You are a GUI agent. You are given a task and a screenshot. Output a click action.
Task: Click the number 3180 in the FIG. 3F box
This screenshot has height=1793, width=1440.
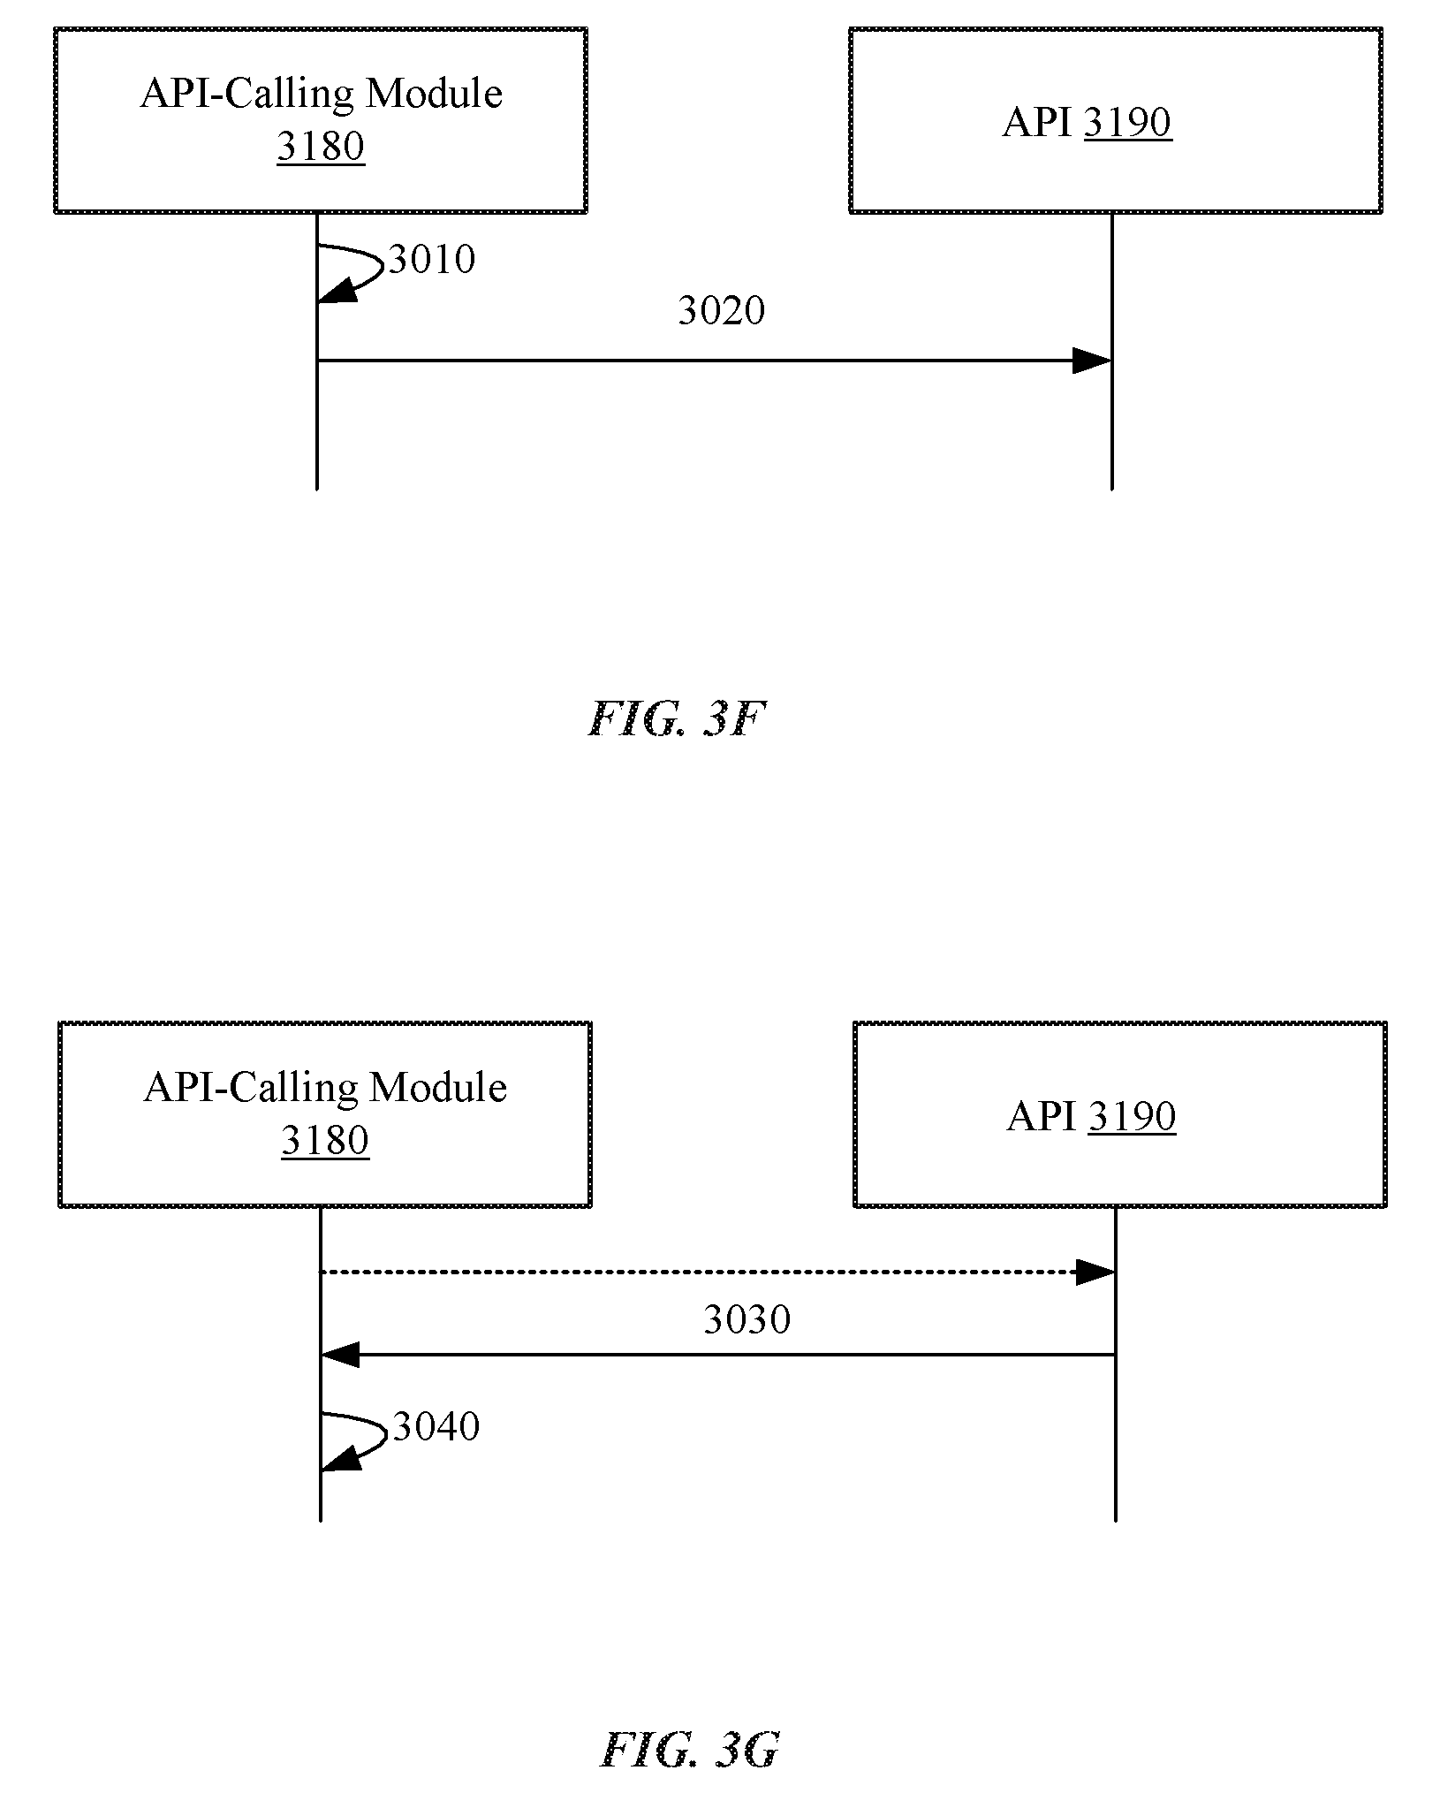tap(321, 147)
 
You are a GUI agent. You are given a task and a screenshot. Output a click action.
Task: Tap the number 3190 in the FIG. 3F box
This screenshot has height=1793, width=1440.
tap(1128, 122)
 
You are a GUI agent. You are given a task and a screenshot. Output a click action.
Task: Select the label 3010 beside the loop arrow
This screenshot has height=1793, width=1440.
tap(432, 259)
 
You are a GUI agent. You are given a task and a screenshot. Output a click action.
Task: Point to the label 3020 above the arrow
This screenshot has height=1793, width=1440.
tap(722, 310)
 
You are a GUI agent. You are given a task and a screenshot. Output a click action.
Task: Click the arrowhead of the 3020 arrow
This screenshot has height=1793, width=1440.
tap(1092, 361)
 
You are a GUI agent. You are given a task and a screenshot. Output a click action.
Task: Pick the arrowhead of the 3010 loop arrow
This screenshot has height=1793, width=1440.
tap(337, 291)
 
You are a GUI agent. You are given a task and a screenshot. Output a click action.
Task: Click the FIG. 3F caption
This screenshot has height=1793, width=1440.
tap(676, 719)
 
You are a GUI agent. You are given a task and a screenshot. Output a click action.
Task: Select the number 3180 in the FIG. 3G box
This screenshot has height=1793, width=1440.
tap(325, 1141)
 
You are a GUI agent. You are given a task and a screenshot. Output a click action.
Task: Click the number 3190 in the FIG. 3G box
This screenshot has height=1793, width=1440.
tap(1132, 1116)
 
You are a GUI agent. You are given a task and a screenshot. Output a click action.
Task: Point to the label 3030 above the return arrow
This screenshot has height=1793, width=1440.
tap(747, 1319)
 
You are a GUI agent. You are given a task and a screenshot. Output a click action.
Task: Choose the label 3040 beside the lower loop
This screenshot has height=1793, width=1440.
tap(436, 1426)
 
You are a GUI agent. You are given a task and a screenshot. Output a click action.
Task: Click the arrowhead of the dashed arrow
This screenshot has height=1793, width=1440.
tap(1095, 1273)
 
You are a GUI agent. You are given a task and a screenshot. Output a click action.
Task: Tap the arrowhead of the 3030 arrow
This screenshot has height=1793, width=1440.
tap(340, 1355)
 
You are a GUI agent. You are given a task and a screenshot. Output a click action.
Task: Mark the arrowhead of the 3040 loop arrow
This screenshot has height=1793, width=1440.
tap(340, 1458)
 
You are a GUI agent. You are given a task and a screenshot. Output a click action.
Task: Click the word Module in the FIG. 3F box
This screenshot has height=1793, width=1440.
tap(434, 94)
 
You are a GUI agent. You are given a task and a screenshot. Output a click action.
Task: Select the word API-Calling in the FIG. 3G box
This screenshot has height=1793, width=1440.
tap(250, 1089)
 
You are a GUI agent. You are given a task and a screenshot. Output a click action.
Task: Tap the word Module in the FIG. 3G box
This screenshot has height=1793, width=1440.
tap(438, 1088)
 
